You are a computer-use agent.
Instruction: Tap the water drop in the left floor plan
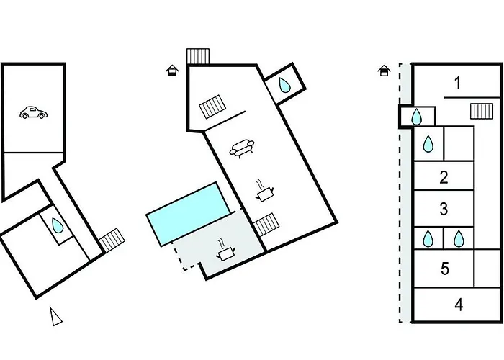coord(56,224)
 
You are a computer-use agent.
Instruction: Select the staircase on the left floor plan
coord(111,240)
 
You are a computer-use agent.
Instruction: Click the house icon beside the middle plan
coord(171,70)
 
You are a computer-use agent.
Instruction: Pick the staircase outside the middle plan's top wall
coord(197,55)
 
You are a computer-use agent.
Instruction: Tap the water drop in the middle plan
coord(286,86)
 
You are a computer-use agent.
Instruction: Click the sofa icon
coord(240,148)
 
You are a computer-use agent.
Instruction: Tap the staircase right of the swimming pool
coord(266,224)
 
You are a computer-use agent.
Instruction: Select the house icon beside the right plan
coord(384,70)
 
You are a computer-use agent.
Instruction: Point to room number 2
coord(444,176)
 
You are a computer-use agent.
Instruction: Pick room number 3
coord(444,209)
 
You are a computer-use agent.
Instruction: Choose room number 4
coord(459,305)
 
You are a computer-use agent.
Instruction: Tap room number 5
coord(445,269)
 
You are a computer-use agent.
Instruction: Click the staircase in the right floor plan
coord(481,111)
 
